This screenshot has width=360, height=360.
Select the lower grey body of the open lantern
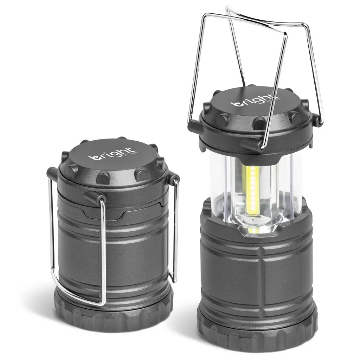point(257,267)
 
